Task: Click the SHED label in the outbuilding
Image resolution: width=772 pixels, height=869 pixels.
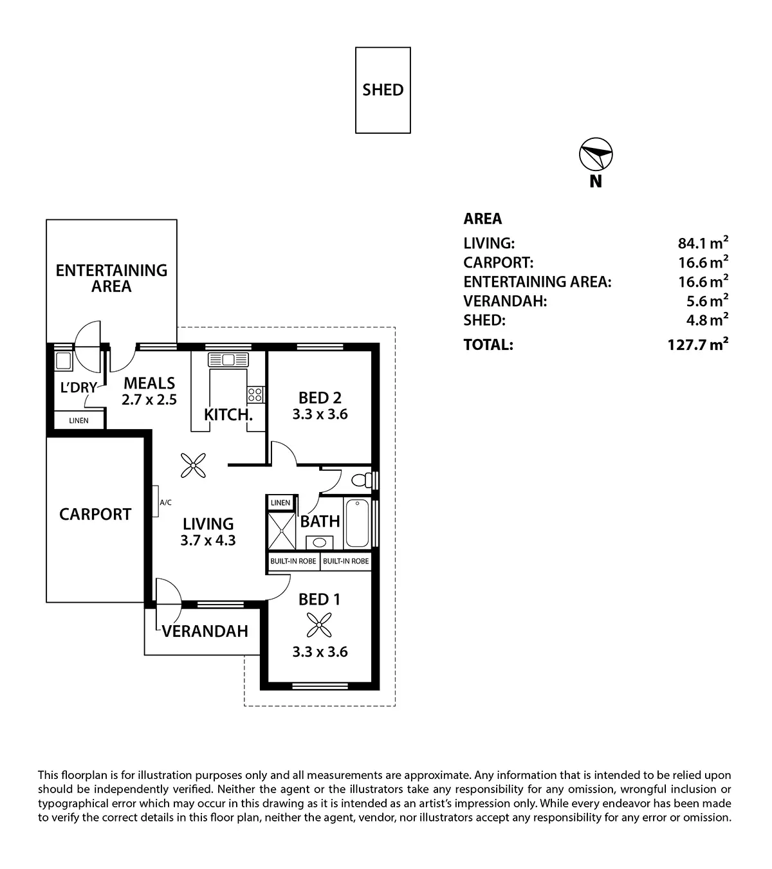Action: pyautogui.click(x=383, y=89)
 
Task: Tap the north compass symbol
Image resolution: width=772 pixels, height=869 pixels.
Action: pyautogui.click(x=596, y=154)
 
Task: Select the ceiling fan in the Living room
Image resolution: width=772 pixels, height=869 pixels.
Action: pyautogui.click(x=193, y=466)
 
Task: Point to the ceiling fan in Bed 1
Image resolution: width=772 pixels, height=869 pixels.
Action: pyautogui.click(x=319, y=625)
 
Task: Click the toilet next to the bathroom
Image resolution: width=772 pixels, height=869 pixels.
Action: pyautogui.click(x=362, y=480)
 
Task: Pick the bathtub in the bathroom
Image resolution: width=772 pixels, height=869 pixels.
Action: pyautogui.click(x=357, y=522)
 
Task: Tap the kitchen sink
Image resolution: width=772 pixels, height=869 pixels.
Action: pyautogui.click(x=228, y=360)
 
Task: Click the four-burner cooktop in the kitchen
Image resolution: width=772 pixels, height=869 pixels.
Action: pyautogui.click(x=255, y=394)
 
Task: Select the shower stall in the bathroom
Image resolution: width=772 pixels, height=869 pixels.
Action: pyautogui.click(x=282, y=531)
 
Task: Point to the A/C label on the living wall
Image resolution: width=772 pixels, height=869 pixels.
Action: pyautogui.click(x=165, y=502)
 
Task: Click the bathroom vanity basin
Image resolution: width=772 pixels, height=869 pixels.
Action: pyautogui.click(x=319, y=543)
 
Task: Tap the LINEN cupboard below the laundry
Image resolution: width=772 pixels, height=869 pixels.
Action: pyautogui.click(x=79, y=420)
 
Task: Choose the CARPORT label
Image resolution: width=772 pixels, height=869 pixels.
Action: pyautogui.click(x=95, y=514)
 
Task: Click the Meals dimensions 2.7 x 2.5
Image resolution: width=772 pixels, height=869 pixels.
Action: pyautogui.click(x=149, y=399)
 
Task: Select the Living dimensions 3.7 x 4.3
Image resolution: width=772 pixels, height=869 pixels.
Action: pyautogui.click(x=208, y=540)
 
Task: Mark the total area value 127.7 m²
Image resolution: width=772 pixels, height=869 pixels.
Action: pyautogui.click(x=698, y=343)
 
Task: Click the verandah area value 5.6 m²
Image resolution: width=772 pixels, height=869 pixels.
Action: pyautogui.click(x=707, y=300)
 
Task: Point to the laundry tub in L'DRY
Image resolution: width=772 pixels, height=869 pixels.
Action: pyautogui.click(x=64, y=361)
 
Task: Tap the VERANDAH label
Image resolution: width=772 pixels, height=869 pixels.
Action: pyautogui.click(x=205, y=631)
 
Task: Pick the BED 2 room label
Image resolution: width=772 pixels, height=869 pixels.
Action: pyautogui.click(x=320, y=398)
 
